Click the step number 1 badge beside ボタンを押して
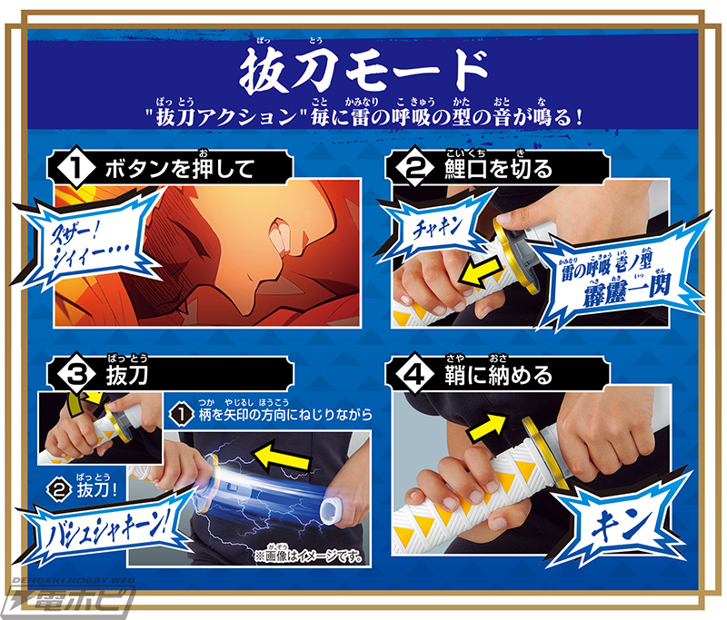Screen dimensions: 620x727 tap(79, 166)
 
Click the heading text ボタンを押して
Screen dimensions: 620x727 tap(177, 167)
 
